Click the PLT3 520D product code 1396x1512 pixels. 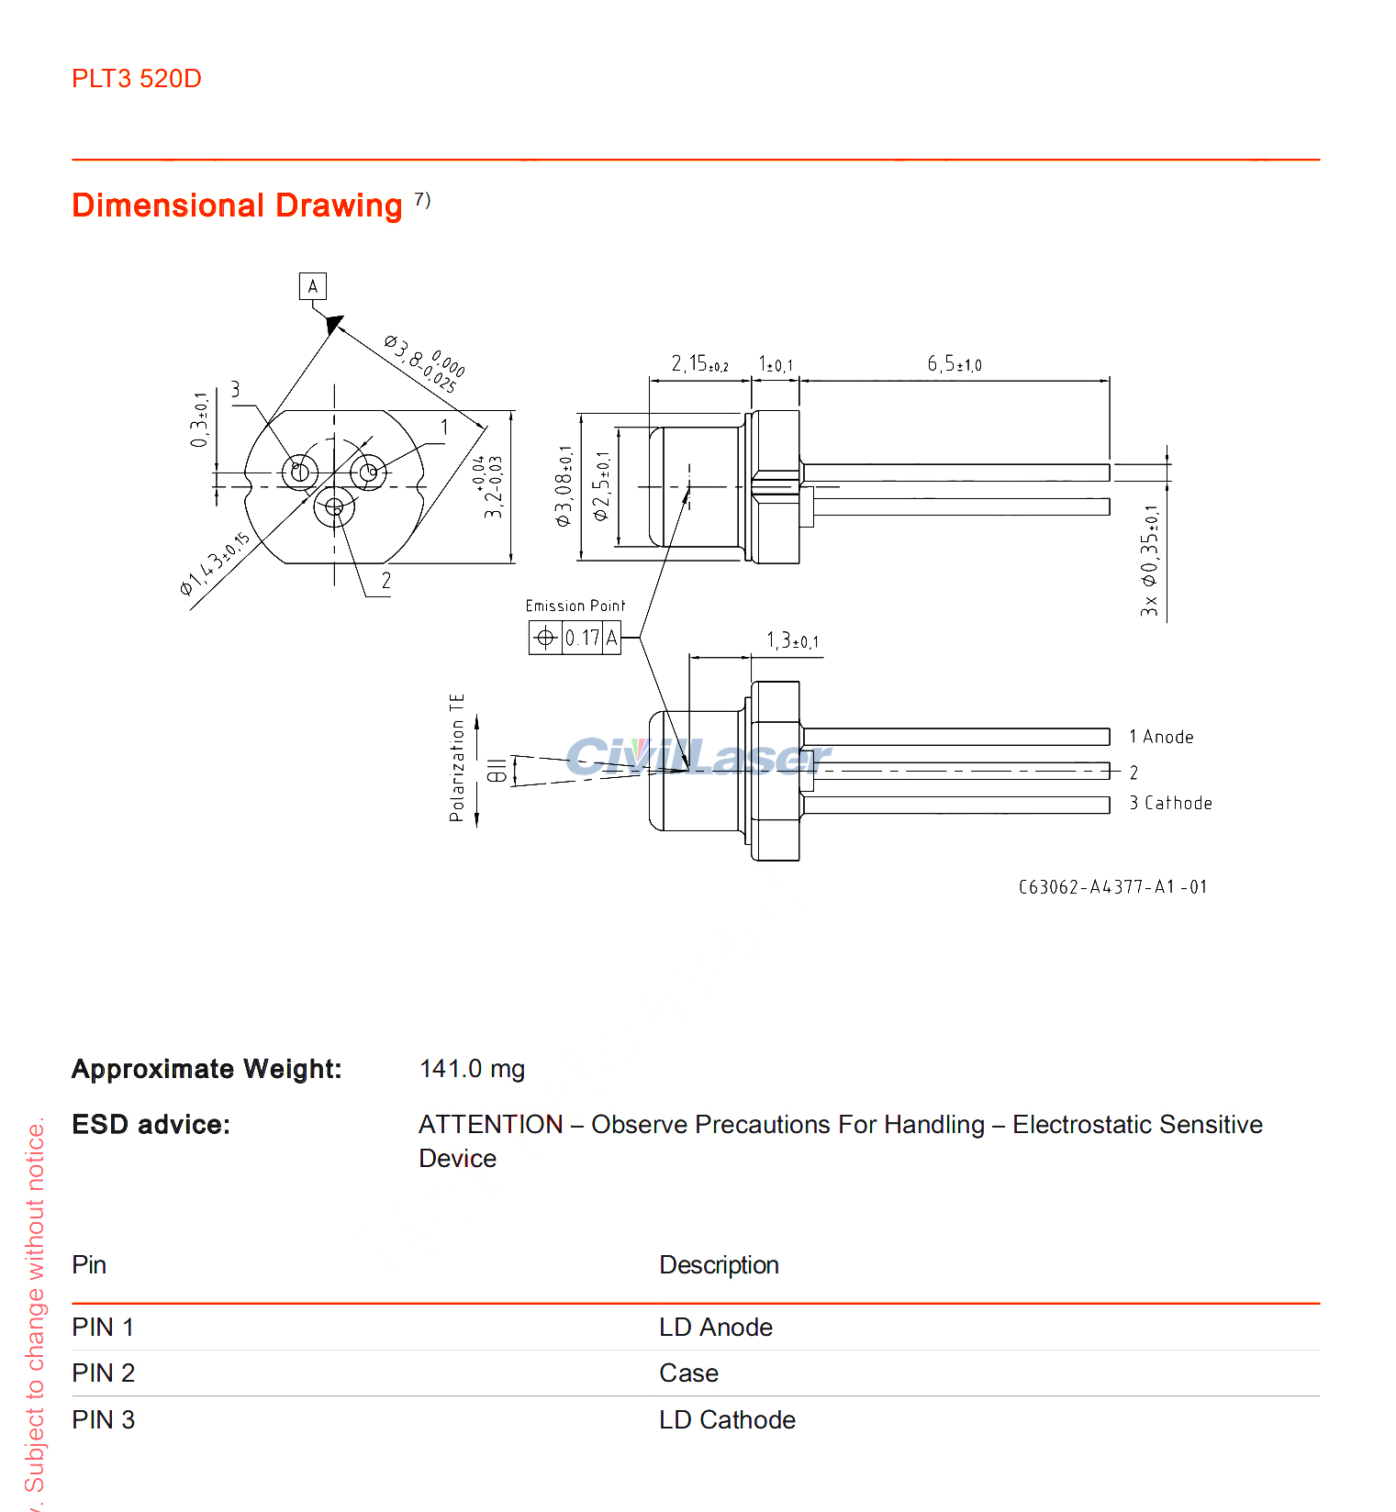[x=136, y=79]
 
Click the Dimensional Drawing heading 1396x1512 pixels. [x=237, y=206]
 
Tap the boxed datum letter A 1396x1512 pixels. [x=312, y=286]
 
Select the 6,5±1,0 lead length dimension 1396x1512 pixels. [x=954, y=364]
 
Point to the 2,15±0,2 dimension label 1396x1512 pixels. [x=699, y=364]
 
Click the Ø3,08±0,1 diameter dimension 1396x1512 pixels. [x=564, y=486]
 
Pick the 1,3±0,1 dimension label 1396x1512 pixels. [x=792, y=640]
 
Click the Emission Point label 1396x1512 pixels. [x=575, y=606]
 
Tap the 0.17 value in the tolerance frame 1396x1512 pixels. [x=582, y=638]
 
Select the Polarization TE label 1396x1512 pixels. [x=457, y=757]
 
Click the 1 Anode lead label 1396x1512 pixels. [x=1161, y=737]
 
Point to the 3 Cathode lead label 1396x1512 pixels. [x=1170, y=803]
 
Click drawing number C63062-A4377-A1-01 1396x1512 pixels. [x=1112, y=887]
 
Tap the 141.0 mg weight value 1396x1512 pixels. [x=472, y=1069]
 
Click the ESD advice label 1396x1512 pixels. [x=151, y=1125]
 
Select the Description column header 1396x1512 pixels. [x=719, y=1265]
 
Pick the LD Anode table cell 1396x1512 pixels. [x=715, y=1328]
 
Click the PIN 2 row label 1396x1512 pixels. [x=103, y=1373]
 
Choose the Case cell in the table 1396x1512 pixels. [x=688, y=1373]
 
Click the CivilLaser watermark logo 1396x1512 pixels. [x=698, y=757]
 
